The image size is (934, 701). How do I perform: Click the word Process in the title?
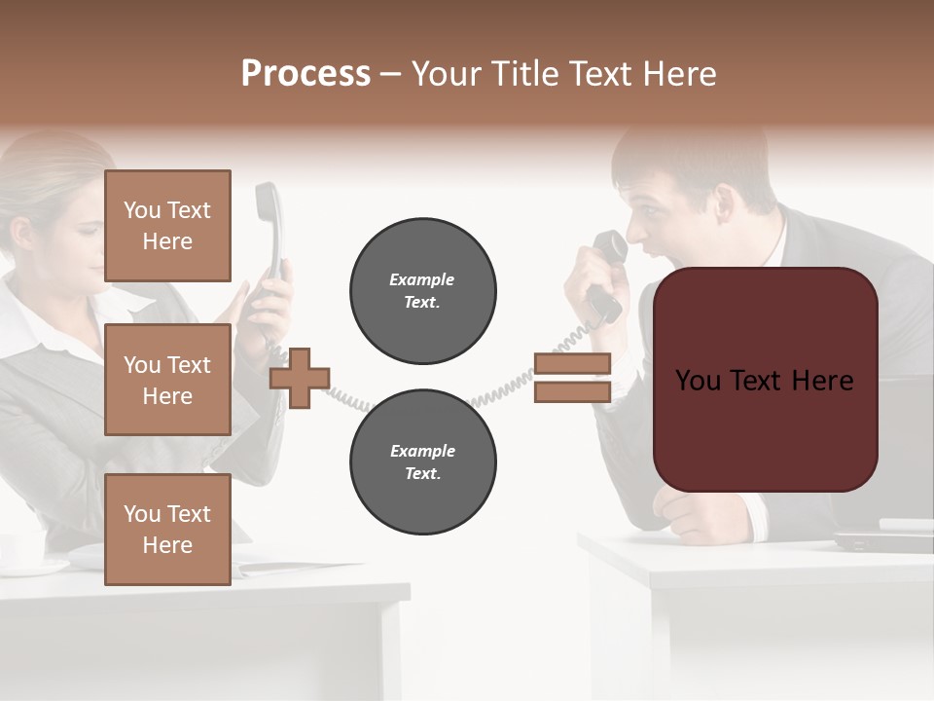305,74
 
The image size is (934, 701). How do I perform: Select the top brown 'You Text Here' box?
167,226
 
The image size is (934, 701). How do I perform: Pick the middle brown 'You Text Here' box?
167,380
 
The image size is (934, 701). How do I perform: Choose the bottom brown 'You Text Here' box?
167,529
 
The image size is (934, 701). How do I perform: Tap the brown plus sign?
300,378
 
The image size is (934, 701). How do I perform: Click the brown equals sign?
572,378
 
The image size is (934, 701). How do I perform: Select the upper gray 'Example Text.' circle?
423,291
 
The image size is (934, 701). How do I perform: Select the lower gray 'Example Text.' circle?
423,462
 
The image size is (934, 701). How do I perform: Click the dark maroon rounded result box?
766,380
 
